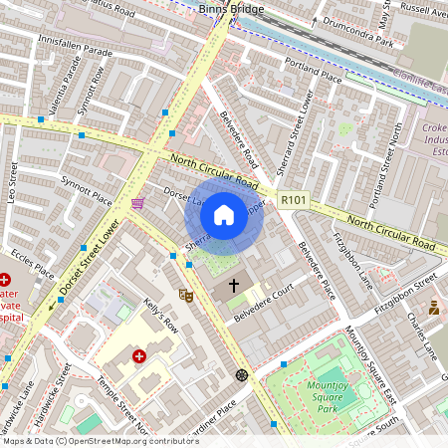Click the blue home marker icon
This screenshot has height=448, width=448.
pyautogui.click(x=224, y=215)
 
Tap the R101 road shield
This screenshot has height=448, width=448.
pyautogui.click(x=292, y=199)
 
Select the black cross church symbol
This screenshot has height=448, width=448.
pyautogui.click(x=235, y=286)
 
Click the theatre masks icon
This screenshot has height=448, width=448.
pyautogui.click(x=185, y=295)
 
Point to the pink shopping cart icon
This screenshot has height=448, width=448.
pyautogui.click(x=136, y=203)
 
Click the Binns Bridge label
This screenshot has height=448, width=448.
pyautogui.click(x=231, y=9)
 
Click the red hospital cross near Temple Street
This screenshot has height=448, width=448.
pyautogui.click(x=139, y=355)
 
